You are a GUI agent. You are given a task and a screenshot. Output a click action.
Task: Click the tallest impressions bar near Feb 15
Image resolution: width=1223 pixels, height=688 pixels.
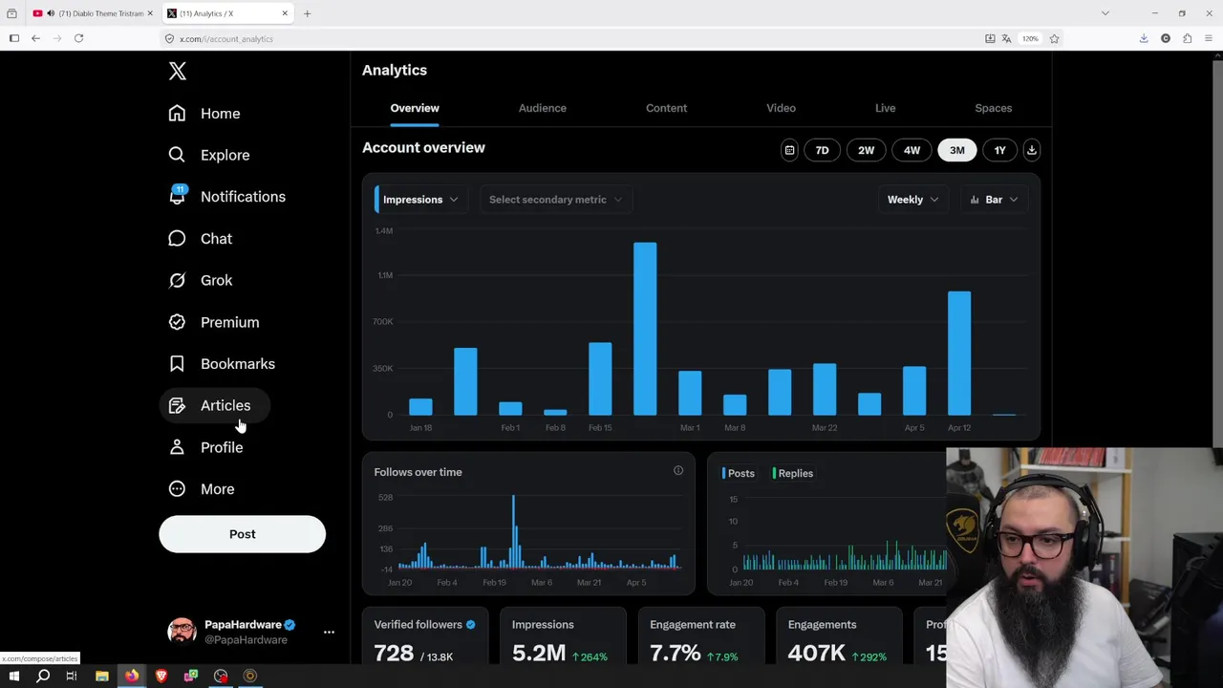click(645, 329)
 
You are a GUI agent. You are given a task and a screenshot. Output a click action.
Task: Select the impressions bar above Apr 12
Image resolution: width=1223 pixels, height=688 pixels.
click(959, 353)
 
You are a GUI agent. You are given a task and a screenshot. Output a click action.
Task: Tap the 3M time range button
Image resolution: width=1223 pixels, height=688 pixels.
click(956, 150)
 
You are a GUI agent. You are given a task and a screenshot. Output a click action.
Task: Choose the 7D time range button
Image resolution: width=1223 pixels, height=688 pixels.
click(822, 150)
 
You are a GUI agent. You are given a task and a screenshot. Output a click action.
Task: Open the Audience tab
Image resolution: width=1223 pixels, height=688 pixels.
click(542, 108)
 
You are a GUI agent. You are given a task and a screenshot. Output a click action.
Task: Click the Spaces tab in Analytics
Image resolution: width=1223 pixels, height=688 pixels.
click(993, 108)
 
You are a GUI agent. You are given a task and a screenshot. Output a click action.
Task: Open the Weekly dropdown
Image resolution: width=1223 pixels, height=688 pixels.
click(912, 200)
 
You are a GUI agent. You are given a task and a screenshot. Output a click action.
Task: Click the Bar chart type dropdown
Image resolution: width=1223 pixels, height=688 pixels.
click(994, 200)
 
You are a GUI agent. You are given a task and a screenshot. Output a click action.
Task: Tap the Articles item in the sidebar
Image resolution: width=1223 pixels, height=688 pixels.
click(225, 405)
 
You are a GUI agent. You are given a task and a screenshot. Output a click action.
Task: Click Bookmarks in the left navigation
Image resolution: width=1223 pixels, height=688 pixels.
click(237, 364)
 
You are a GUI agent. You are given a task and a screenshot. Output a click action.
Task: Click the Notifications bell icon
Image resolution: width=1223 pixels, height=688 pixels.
click(177, 196)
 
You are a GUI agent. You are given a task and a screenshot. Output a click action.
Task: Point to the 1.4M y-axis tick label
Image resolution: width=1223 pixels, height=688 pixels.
click(383, 230)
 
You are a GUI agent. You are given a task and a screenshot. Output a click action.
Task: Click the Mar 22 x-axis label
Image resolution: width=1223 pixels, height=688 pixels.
click(825, 428)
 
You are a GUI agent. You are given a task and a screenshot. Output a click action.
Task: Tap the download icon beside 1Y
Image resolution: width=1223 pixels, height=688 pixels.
click(1031, 150)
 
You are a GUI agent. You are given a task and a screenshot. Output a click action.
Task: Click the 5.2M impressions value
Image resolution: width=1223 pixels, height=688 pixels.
click(539, 654)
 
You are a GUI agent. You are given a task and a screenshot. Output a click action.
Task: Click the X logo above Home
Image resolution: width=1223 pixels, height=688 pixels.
click(177, 71)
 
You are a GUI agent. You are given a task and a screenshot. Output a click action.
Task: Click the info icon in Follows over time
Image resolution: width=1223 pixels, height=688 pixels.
click(678, 470)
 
